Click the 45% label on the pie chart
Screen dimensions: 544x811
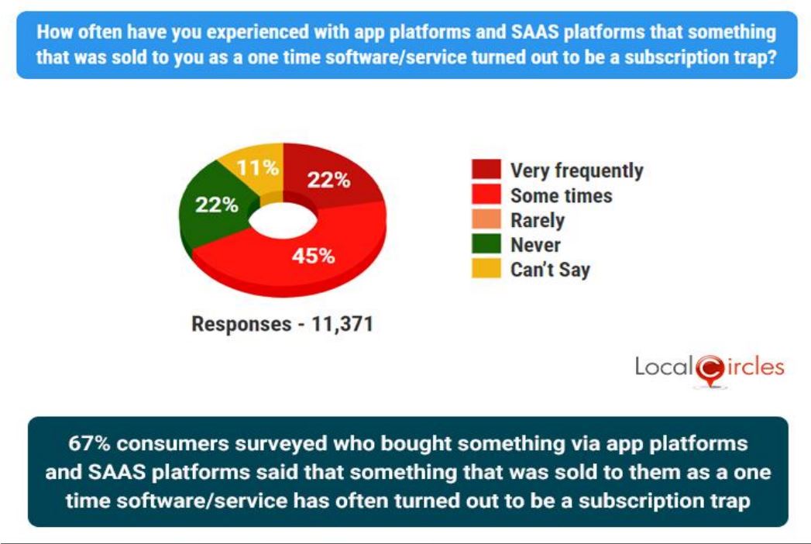[x=313, y=256]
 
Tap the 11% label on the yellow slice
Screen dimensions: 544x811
[x=259, y=167]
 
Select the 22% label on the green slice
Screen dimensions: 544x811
[x=215, y=205]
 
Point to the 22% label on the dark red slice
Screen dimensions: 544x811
[x=328, y=180]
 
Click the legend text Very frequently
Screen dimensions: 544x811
[x=576, y=170]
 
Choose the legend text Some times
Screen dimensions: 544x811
[x=561, y=195]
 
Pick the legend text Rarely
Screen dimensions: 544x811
[x=537, y=220]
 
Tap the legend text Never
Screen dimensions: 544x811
[x=535, y=245]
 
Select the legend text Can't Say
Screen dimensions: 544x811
[x=550, y=270]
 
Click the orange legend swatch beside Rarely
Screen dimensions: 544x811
[x=486, y=220]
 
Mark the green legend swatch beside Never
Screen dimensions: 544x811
[x=486, y=245]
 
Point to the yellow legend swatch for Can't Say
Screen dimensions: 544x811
[x=486, y=270]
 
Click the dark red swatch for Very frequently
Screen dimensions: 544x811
[x=486, y=170]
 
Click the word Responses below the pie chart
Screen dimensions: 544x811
[x=240, y=324]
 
